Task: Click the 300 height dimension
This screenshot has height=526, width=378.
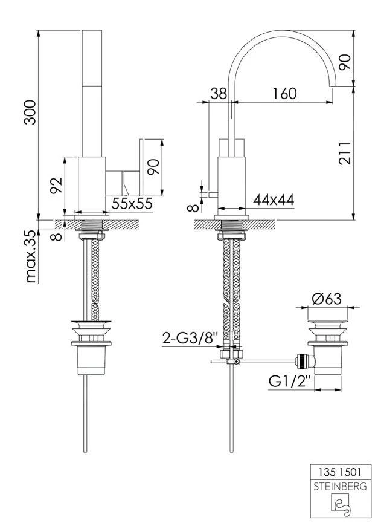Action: click(30, 112)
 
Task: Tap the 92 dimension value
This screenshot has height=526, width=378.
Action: click(56, 185)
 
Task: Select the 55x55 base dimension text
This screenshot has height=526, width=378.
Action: click(132, 203)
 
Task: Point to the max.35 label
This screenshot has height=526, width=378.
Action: click(31, 256)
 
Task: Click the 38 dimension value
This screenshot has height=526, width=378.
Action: click(219, 94)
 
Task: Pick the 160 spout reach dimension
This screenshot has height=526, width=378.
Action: click(284, 94)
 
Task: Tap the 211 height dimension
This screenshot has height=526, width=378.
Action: click(345, 154)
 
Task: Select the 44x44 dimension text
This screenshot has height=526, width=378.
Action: click(274, 200)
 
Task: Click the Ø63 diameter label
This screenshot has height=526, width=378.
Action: click(327, 299)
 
